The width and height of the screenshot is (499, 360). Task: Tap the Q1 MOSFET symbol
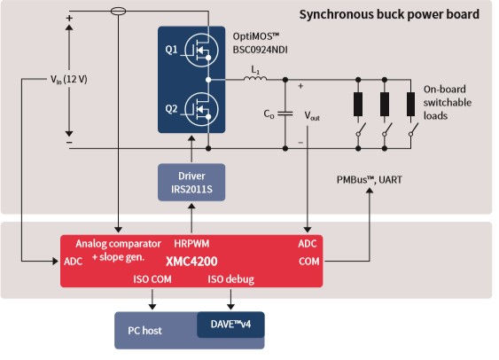pyautogui.click(x=203, y=52)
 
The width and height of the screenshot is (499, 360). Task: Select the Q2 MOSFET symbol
pyautogui.click(x=203, y=109)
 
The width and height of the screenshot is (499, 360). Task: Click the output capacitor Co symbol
pyautogui.click(x=286, y=113)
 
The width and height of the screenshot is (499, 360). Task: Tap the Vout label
pyautogui.click(x=315, y=116)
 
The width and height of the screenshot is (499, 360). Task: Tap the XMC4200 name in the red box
pyautogui.click(x=193, y=262)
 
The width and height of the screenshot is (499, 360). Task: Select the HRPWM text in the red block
pyautogui.click(x=192, y=242)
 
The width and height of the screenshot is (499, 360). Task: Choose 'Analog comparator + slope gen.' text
pyautogui.click(x=117, y=248)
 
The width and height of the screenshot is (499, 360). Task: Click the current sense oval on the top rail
pyautogui.click(x=118, y=12)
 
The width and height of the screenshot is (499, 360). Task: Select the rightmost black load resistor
pyautogui.click(x=411, y=105)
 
